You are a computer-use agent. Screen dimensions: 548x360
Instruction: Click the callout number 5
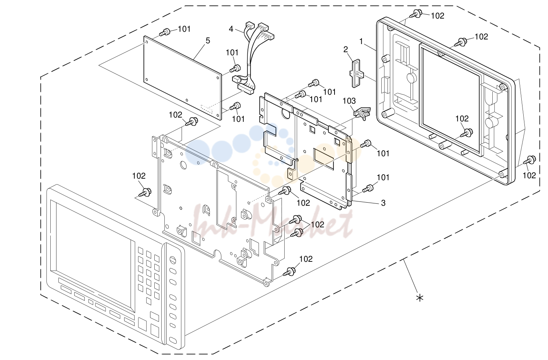(x=208, y=41)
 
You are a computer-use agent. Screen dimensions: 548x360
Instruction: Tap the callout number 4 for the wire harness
(x=231, y=29)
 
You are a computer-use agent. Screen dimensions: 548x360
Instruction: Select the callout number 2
(x=345, y=49)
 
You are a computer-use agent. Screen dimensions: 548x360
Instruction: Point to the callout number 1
(x=361, y=42)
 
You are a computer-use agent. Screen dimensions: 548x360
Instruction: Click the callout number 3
(x=383, y=203)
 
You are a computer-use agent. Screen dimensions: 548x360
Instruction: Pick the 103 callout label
(x=349, y=101)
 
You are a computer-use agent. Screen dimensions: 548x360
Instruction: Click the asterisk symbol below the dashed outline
(x=420, y=298)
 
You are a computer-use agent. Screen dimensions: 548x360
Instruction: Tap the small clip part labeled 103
(x=362, y=113)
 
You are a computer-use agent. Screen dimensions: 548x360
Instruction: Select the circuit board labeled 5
(x=183, y=78)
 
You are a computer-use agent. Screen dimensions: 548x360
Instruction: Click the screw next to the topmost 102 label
(x=416, y=14)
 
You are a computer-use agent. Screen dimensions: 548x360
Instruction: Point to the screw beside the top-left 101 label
(x=165, y=32)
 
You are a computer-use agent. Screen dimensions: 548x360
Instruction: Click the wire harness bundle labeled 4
(x=252, y=59)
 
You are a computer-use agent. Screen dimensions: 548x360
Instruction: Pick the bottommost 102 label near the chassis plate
(x=306, y=259)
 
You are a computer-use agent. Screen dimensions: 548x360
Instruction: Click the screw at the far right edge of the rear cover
(x=530, y=160)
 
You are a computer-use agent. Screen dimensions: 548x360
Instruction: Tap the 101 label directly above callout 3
(x=383, y=177)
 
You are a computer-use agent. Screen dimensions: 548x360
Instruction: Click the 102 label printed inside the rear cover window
(x=462, y=119)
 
